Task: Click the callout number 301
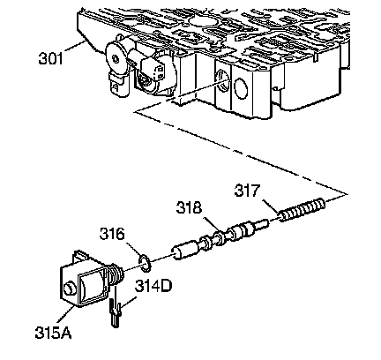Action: click(x=50, y=58)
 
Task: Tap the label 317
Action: click(x=247, y=191)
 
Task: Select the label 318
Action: click(x=189, y=207)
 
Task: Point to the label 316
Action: click(x=112, y=234)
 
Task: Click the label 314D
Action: click(x=153, y=286)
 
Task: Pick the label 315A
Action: click(x=53, y=333)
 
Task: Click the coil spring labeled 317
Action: click(x=303, y=210)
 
